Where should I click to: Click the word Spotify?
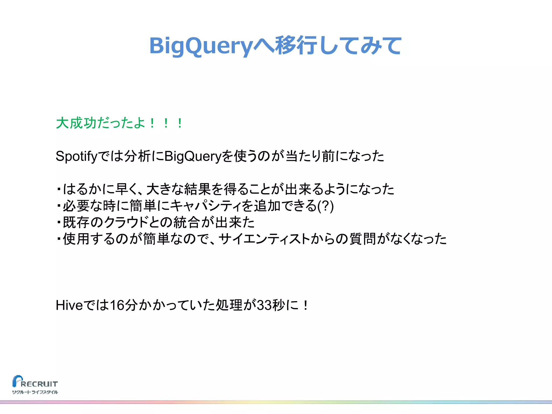(76, 156)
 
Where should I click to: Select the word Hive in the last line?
(69, 305)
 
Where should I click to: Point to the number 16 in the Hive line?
(117, 305)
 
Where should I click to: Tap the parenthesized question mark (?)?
(326, 206)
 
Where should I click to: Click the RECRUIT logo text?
(39, 384)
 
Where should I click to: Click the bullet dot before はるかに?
(58, 189)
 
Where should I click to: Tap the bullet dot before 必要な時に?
(58, 206)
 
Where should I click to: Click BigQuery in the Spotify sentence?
(193, 156)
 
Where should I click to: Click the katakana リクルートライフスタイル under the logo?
(35, 392)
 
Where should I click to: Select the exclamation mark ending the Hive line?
(305, 305)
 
